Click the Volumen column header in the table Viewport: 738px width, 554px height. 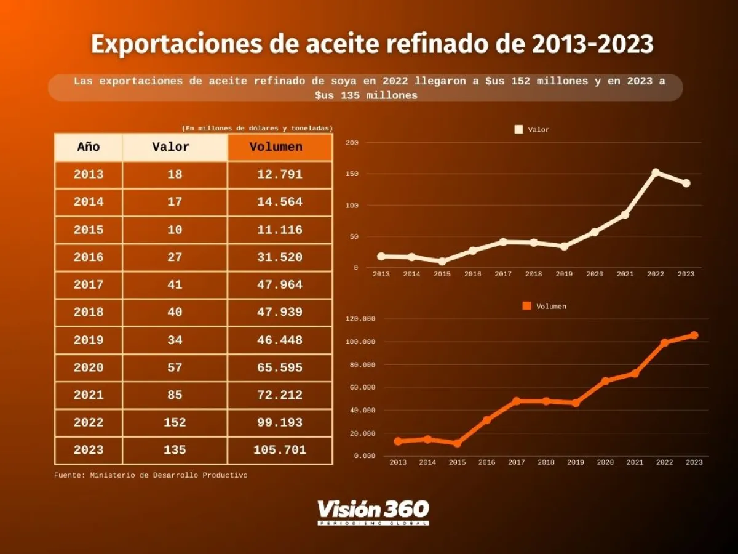tap(280, 147)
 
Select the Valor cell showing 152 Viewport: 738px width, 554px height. tap(175, 422)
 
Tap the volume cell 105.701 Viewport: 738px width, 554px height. tap(280, 450)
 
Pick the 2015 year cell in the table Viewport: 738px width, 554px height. tap(89, 230)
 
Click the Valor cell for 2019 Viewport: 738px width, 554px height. tap(175, 340)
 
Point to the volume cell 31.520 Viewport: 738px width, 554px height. tap(280, 257)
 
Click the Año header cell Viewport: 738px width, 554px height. tap(89, 147)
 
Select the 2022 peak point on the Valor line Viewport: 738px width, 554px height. tap(656, 172)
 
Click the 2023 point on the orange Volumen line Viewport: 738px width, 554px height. tap(694, 335)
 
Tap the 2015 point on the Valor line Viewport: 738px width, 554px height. tap(442, 261)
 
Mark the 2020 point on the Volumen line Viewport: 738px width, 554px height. tap(605, 381)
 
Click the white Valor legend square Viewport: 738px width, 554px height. tap(518, 130)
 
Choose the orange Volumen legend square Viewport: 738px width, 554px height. tap(526, 306)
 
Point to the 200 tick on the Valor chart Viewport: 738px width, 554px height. tap(352, 143)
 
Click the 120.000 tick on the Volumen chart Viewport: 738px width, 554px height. tap(361, 319)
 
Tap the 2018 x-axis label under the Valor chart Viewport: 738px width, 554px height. tap(534, 275)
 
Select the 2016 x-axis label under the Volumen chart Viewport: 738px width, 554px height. tap(486, 462)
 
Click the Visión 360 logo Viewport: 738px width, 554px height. tap(373, 512)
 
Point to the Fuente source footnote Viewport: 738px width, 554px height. tap(151, 475)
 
